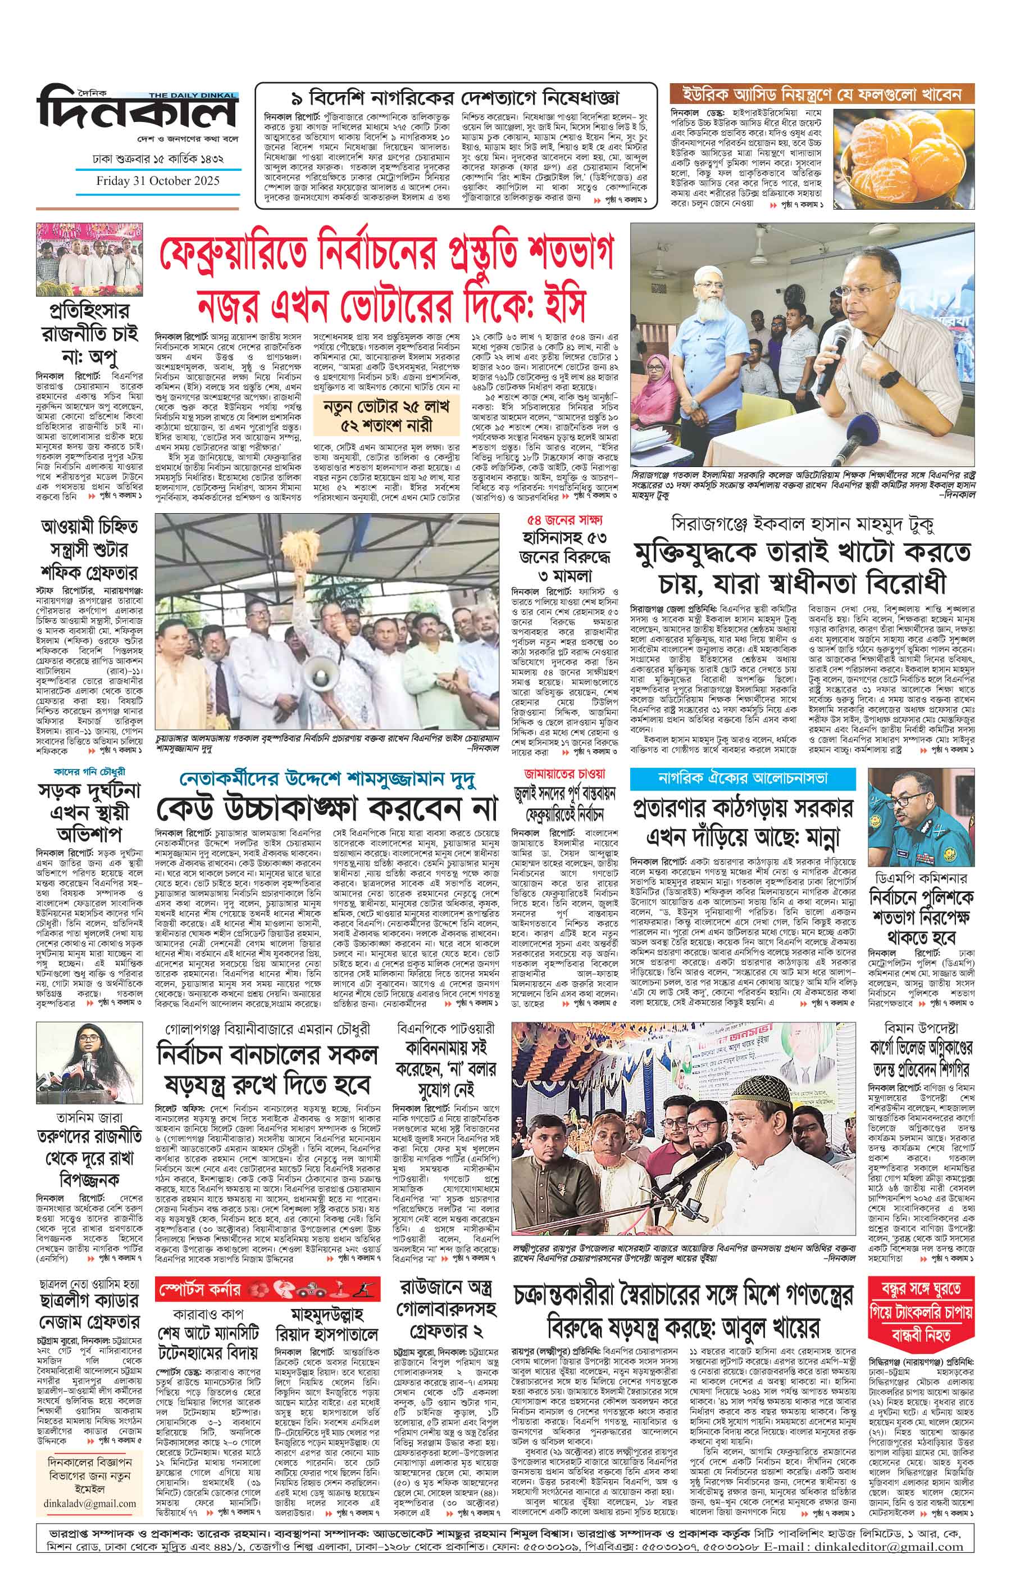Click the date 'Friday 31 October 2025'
158,181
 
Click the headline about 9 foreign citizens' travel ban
456,98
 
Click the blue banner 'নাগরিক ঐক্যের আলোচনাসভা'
743,778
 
